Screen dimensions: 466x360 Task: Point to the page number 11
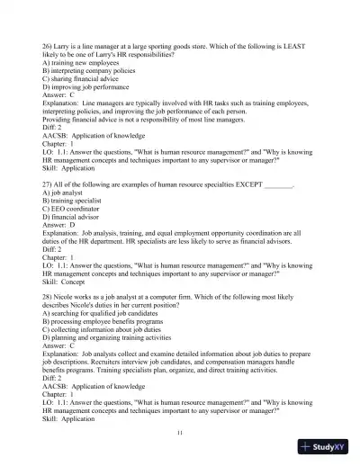coord(181,433)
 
